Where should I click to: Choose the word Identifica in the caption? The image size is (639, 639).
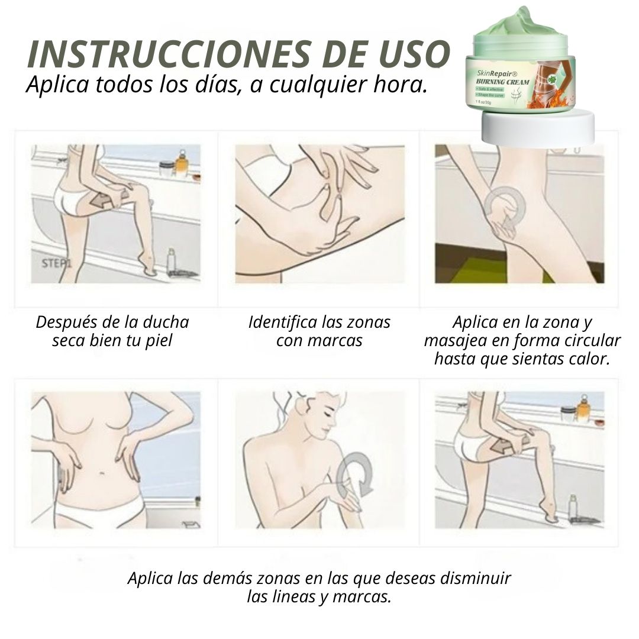click(282, 322)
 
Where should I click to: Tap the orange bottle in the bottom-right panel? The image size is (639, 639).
click(584, 408)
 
